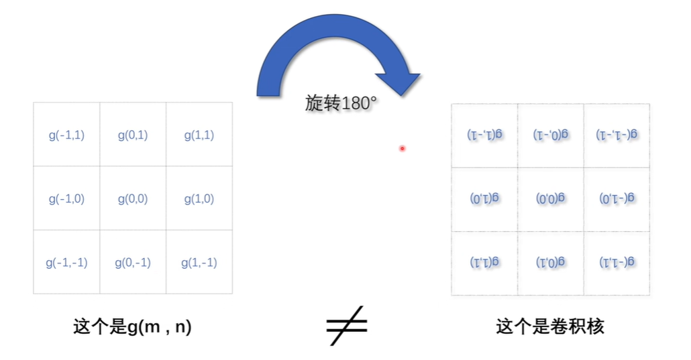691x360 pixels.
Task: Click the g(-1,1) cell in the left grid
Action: click(66, 135)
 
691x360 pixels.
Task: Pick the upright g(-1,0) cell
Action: click(66, 198)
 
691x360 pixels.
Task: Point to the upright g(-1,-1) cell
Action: click(66, 262)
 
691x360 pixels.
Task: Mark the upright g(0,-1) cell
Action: click(133, 262)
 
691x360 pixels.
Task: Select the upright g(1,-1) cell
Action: click(199, 262)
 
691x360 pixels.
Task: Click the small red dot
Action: click(402, 148)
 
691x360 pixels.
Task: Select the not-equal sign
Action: click(347, 326)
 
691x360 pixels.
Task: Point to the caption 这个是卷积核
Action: click(550, 326)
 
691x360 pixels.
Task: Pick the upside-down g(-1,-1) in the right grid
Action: click(617, 134)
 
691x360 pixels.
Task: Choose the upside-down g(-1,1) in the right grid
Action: click(617, 261)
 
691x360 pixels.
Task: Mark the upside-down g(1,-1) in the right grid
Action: click(484, 134)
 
